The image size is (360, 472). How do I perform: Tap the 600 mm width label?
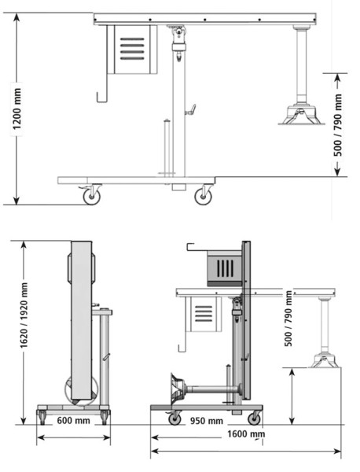point(72,420)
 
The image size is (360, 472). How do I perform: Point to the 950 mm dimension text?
point(207,420)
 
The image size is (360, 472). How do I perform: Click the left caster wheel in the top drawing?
point(92,196)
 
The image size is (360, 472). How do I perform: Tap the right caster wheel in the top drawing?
point(204,196)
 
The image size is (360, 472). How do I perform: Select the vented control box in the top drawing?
point(130,49)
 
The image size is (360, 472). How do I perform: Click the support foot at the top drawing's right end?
point(299,115)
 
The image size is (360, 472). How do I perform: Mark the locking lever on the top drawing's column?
point(189,110)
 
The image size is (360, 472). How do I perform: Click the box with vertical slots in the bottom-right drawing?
point(223,267)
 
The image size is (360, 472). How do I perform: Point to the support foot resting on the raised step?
point(324,359)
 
